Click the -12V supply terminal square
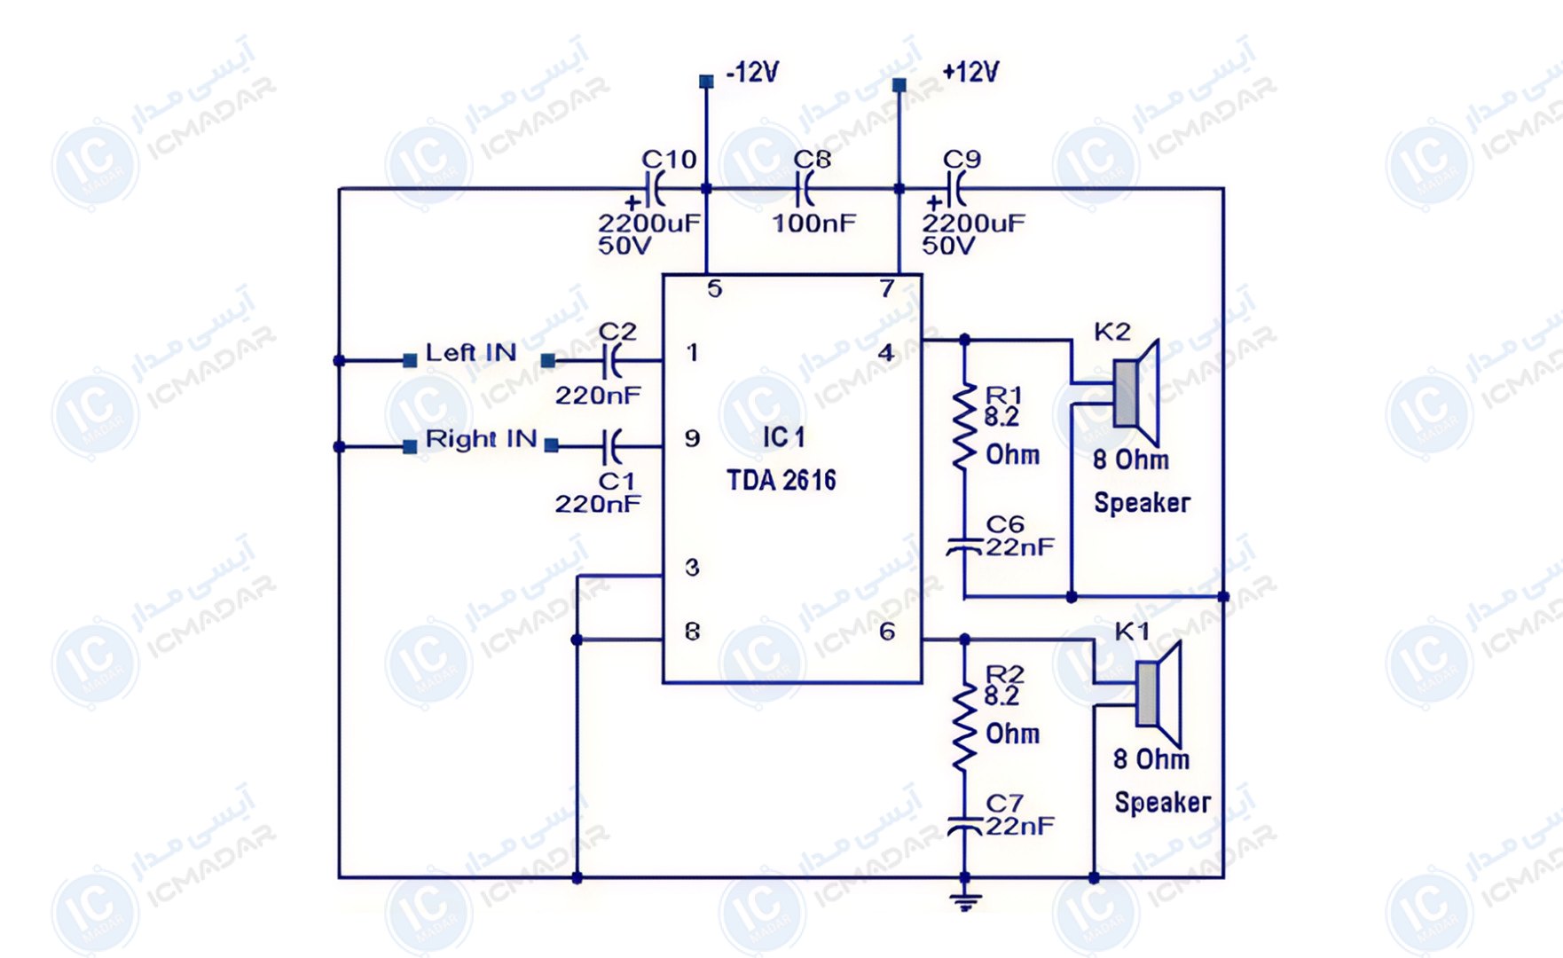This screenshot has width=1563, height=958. [706, 82]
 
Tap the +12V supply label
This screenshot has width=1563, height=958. [970, 72]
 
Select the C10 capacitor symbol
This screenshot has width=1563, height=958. [657, 189]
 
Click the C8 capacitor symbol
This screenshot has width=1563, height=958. [805, 189]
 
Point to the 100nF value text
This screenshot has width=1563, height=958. [814, 223]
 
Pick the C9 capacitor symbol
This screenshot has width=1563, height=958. [957, 189]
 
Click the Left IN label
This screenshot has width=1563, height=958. [471, 352]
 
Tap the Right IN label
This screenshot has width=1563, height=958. [482, 439]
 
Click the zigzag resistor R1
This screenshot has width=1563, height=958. [964, 427]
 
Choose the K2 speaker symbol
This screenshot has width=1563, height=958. [1136, 393]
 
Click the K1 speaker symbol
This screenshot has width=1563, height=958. [1159, 694]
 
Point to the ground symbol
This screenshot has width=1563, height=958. [965, 901]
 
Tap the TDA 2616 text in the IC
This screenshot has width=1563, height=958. [781, 481]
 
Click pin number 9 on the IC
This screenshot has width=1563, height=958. [693, 439]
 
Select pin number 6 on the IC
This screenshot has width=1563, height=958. [887, 632]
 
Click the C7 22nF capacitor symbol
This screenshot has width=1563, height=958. [964, 826]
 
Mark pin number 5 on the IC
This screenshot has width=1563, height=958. [715, 289]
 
